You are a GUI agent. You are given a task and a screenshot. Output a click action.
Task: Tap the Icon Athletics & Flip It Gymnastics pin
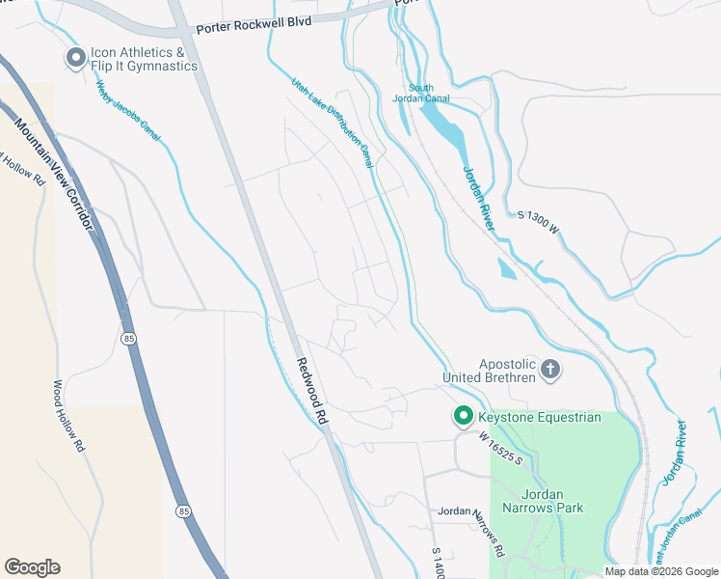(76, 59)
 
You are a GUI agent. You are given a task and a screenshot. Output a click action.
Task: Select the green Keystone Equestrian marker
(463, 417)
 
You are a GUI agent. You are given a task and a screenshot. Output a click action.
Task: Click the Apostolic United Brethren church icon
(550, 369)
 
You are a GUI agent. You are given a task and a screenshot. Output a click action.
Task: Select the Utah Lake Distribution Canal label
(333, 123)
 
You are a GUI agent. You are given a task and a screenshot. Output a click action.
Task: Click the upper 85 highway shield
(128, 338)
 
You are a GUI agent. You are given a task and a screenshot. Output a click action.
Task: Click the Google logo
(32, 567)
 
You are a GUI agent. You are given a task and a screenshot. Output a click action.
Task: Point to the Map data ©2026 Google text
(660, 571)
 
